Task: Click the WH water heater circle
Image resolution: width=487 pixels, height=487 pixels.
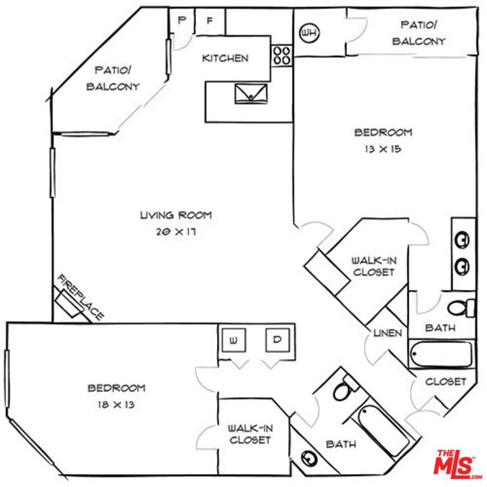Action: point(308,32)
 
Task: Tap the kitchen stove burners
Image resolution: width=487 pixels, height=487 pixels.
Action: point(282,55)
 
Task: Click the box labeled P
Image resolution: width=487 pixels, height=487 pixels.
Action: point(181,21)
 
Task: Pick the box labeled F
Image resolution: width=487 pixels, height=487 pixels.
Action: point(210,21)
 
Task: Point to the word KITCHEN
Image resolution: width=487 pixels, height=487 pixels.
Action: point(225,58)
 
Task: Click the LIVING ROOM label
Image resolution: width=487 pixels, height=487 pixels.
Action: point(176,216)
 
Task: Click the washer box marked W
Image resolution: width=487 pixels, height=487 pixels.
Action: point(234,341)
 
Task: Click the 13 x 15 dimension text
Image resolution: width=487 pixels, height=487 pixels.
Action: point(383,148)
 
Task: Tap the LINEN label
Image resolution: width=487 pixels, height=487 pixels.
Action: point(388,333)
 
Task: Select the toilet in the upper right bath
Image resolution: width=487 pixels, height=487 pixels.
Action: point(463,308)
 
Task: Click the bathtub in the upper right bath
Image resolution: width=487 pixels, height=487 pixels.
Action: point(440,354)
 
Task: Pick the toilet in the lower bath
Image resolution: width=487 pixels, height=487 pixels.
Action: point(344,390)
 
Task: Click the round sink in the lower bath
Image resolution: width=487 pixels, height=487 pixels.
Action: point(310,459)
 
